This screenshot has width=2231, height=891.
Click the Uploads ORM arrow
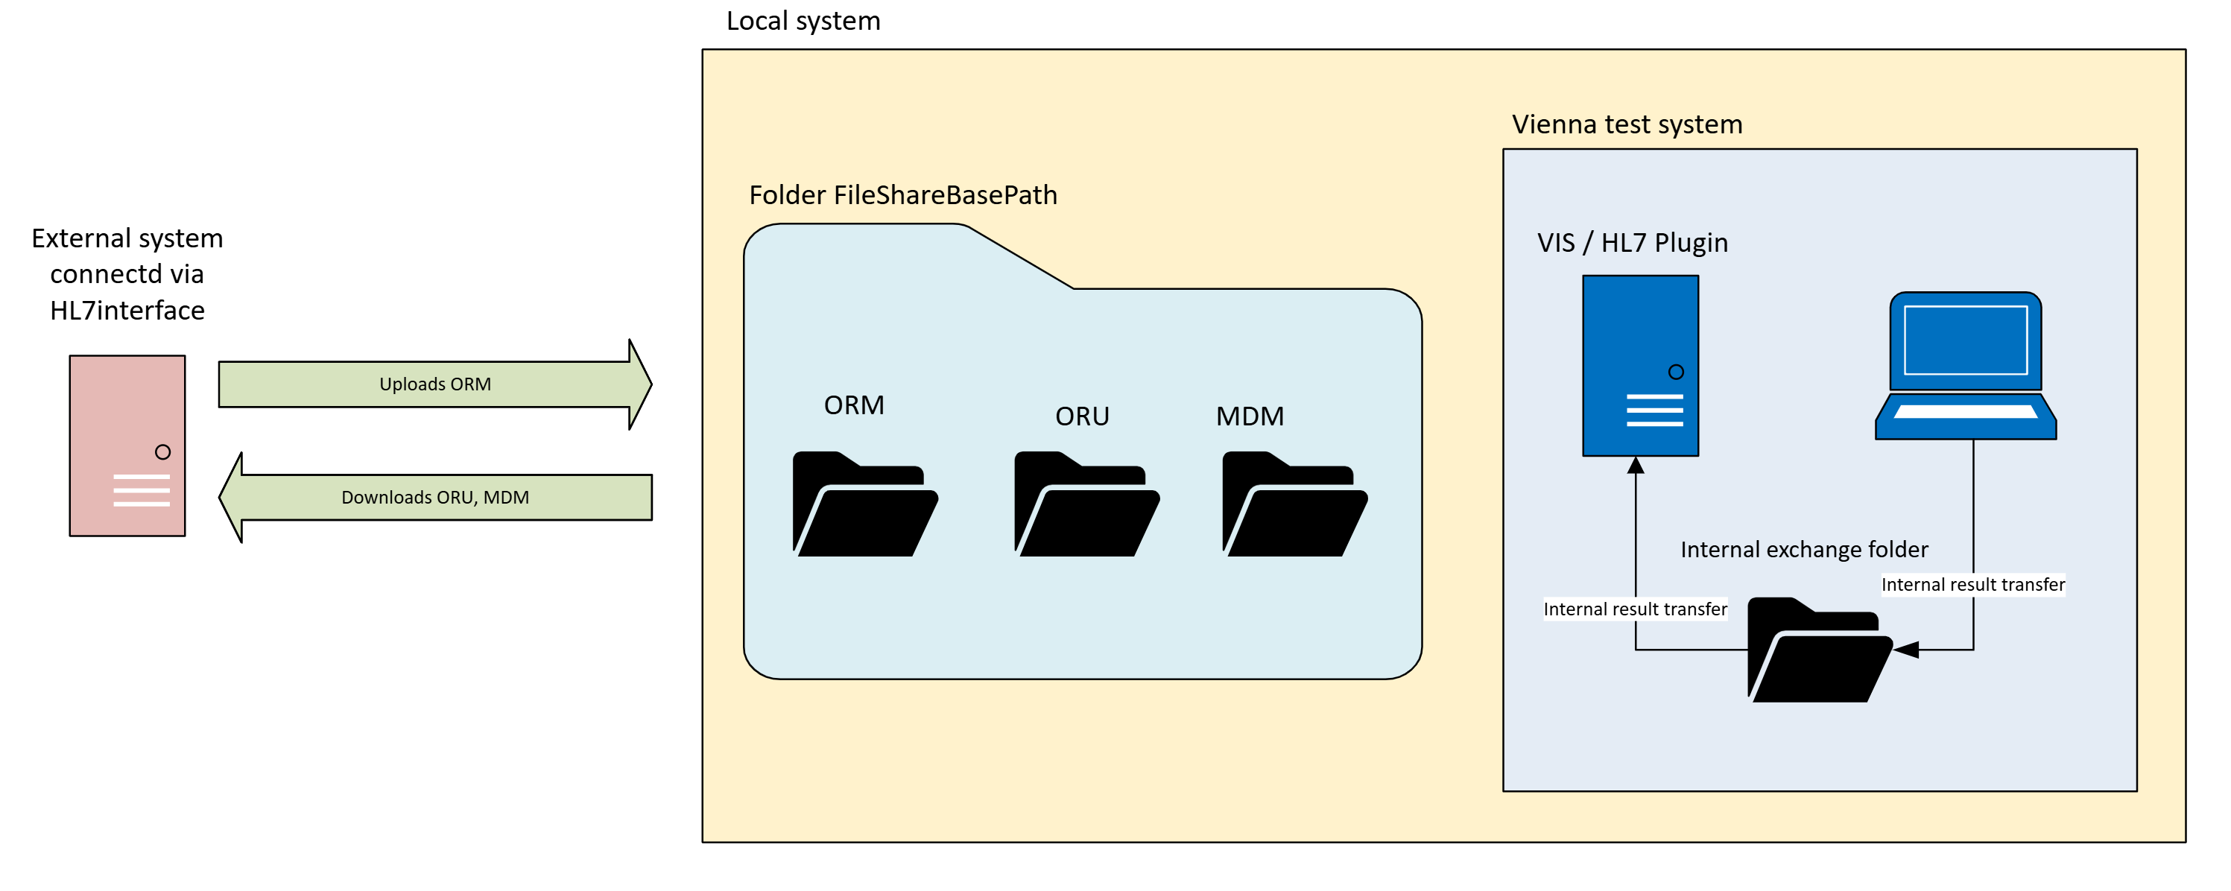click(434, 384)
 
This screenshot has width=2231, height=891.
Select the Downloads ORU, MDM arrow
click(434, 497)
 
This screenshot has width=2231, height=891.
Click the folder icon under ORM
click(864, 505)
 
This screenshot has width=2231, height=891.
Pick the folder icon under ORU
click(1086, 505)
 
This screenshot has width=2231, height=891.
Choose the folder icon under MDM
click(1294, 505)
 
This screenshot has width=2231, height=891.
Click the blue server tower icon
click(1639, 365)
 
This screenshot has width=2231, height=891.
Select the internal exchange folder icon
click(1818, 650)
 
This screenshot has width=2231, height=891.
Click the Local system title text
click(803, 21)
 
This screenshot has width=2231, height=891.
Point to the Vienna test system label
click(1627, 124)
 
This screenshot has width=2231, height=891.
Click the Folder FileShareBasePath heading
click(902, 195)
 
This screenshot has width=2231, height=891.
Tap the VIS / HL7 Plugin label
click(1632, 242)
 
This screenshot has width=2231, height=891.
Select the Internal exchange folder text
click(1803, 549)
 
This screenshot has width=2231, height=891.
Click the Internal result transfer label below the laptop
click(1972, 585)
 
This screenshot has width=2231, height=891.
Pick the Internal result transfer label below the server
click(1634, 609)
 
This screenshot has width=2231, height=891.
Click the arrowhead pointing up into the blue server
click(1635, 466)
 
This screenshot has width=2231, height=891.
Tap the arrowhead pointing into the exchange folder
click(1906, 650)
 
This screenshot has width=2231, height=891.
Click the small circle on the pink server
click(163, 452)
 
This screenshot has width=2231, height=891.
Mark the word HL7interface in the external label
click(127, 310)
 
